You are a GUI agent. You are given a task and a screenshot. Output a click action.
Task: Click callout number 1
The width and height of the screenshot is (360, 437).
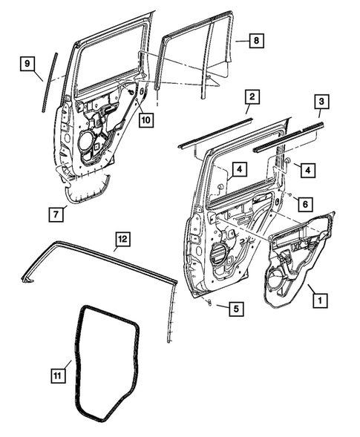(x=319, y=301)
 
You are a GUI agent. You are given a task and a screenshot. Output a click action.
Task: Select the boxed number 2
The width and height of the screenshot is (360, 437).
(x=252, y=97)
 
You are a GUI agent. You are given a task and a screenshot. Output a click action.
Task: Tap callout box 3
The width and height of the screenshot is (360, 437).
(x=321, y=102)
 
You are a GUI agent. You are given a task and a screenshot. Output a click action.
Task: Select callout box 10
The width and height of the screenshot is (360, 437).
(x=144, y=118)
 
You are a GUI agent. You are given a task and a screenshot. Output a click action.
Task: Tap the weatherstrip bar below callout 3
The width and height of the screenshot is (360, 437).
(x=289, y=138)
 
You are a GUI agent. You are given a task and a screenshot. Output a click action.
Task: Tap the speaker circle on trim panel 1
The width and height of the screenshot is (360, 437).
(x=275, y=281)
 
